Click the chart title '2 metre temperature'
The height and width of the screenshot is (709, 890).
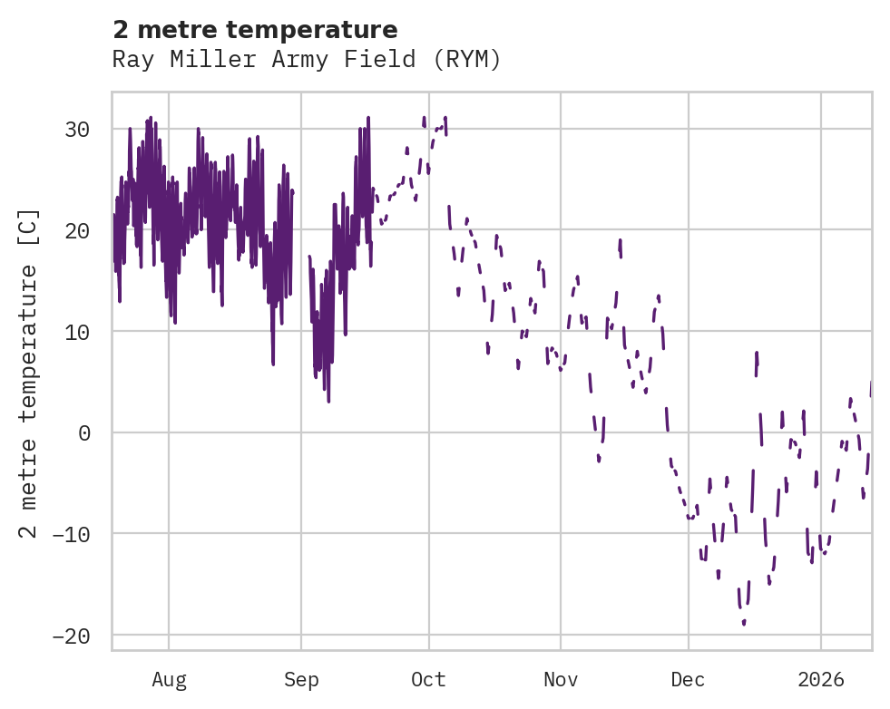pos(255,30)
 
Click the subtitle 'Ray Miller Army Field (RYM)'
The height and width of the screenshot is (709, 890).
pos(307,59)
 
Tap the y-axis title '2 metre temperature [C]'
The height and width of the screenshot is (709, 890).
pos(29,373)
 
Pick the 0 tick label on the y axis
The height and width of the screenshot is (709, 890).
pos(83,432)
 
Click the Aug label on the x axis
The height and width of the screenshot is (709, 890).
pos(169,679)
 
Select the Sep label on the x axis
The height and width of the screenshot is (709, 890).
pos(301,679)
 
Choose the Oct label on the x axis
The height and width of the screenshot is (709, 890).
pos(428,679)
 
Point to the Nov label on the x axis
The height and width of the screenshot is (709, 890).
pos(561,679)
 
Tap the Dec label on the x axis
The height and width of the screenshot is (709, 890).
pos(689,679)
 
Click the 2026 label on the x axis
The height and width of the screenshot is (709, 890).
pos(821,679)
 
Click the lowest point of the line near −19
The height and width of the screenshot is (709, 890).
pos(744,623)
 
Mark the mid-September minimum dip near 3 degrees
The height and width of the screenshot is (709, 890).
pos(328,400)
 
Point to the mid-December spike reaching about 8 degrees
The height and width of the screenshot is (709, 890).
pos(757,354)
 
